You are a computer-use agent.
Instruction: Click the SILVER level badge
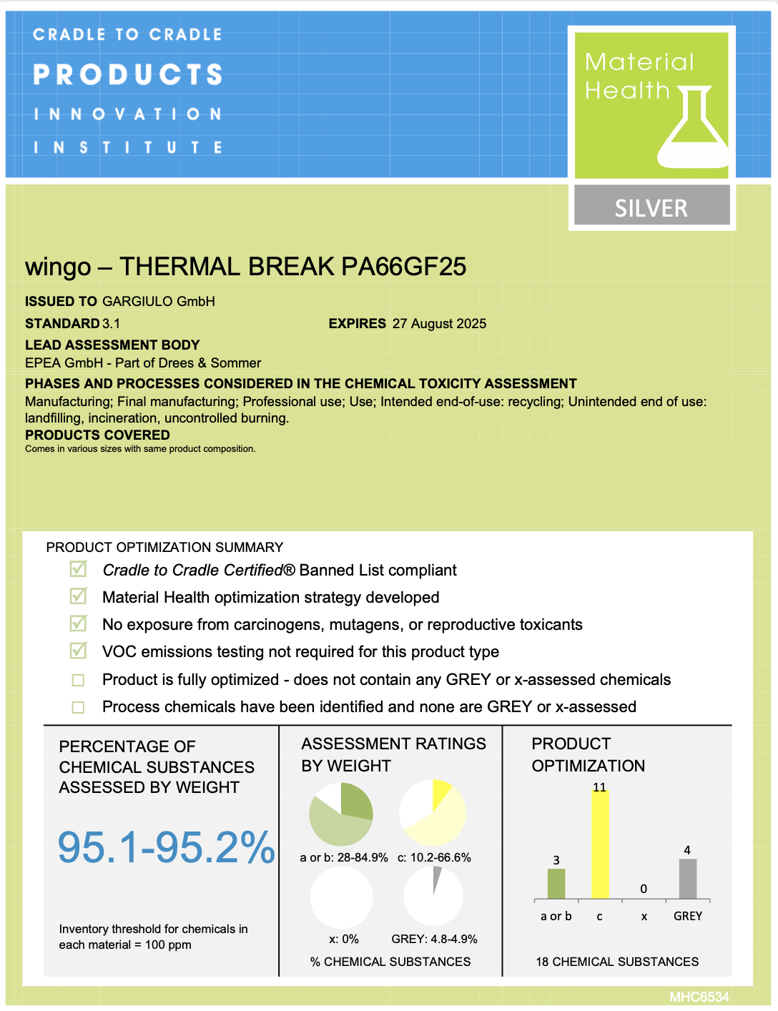tap(651, 207)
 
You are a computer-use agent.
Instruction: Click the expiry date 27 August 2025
tap(439, 324)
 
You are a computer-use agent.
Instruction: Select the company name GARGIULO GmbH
tap(159, 302)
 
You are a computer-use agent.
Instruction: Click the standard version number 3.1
tap(112, 324)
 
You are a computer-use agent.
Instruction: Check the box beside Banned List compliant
tap(79, 569)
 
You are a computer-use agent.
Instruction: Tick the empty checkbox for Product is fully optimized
tap(79, 680)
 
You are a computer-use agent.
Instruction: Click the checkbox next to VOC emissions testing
tap(79, 651)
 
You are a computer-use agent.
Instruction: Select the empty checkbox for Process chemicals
tap(79, 707)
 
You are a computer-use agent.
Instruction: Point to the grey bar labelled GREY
tap(687, 879)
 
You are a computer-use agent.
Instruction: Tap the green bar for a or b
tap(556, 884)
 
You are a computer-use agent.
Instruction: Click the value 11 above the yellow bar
tap(599, 787)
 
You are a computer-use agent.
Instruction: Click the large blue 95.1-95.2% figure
tap(166, 847)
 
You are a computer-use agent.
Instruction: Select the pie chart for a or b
tap(341, 814)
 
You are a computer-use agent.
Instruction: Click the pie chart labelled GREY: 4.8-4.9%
tap(433, 895)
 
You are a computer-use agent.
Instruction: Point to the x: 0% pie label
tap(344, 939)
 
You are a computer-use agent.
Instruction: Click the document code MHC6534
tap(699, 997)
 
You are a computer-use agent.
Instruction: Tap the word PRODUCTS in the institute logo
tap(128, 74)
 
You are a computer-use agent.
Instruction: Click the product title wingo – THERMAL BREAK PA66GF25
tap(245, 267)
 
